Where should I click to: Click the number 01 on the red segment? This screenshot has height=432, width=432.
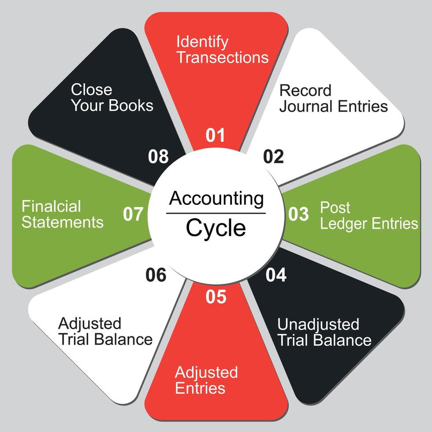[x=216, y=135]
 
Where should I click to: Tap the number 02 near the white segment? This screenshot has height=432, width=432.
[x=274, y=156]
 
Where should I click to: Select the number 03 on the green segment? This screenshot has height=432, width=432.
[x=298, y=214]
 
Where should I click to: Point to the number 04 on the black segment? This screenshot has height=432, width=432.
[x=276, y=275]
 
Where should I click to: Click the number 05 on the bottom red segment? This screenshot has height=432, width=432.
[x=216, y=297]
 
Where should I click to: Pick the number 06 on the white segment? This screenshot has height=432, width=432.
[x=156, y=275]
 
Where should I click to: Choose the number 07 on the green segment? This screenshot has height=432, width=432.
[x=133, y=214]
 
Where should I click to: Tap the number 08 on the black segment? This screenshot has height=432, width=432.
[x=158, y=156]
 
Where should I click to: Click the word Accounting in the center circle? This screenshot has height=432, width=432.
[x=216, y=199]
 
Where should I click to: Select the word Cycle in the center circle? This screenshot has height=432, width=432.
[x=216, y=228]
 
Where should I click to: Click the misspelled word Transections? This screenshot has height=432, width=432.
[x=223, y=58]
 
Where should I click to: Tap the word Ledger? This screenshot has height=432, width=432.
[x=344, y=223]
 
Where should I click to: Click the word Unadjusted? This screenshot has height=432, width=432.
[x=318, y=324]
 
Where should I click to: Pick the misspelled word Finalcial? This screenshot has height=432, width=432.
[x=51, y=206]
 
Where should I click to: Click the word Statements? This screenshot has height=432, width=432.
[x=63, y=222]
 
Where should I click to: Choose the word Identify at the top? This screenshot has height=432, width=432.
[x=202, y=42]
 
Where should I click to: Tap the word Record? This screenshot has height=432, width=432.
[x=305, y=90]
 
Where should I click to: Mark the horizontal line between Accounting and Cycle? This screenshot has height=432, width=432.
[x=216, y=213]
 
